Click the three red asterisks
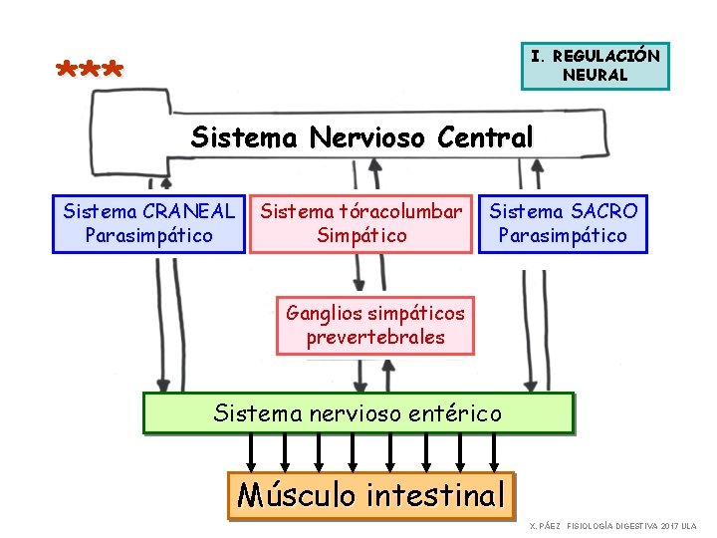(90, 72)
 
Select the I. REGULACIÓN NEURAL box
(596, 66)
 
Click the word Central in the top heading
(485, 136)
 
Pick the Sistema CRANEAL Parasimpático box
(148, 223)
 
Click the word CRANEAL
(189, 211)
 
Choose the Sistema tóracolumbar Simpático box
(361, 223)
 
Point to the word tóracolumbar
(398, 211)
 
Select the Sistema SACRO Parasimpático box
(563, 223)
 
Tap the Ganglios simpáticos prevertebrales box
(375, 325)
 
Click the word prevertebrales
(375, 338)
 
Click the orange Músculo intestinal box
(371, 495)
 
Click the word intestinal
(436, 495)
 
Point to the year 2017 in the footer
(667, 525)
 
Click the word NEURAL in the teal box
(595, 75)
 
